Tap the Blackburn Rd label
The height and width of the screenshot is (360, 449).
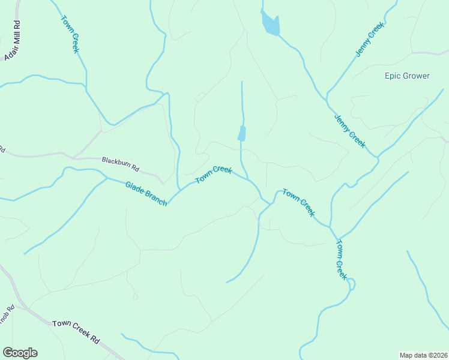pos(120,161)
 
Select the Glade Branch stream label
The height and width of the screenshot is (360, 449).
pos(146,194)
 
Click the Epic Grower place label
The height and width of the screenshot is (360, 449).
pos(407,76)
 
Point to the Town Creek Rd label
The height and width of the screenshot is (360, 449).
pos(76,331)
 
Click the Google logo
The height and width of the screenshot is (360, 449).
pos(20,353)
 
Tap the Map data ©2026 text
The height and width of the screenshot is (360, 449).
pos(423,355)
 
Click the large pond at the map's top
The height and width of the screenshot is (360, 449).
pos(270,25)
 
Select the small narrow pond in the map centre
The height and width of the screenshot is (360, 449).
pos(241,133)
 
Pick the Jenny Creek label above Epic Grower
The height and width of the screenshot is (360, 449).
pos(369,40)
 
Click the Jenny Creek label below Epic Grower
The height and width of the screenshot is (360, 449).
pos(350,130)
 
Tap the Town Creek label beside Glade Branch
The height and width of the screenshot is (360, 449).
pos(214,176)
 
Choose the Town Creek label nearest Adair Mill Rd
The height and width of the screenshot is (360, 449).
pos(69,34)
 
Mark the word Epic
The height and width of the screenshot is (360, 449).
pos(393,76)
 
